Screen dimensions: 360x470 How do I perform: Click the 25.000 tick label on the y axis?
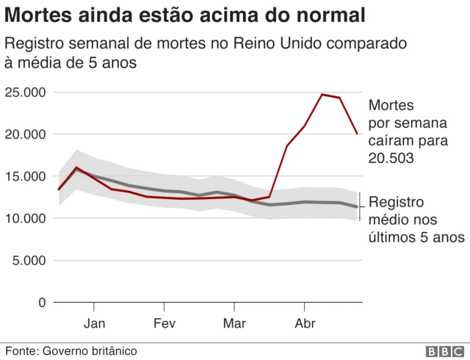26,93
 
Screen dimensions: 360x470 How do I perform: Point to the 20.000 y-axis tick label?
26,134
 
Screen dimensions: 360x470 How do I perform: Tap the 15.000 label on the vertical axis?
26,176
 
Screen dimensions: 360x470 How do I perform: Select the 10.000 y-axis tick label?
26,218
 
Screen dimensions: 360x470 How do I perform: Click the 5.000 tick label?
29,260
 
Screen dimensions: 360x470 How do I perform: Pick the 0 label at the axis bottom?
41,302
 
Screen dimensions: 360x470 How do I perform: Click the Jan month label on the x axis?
94,323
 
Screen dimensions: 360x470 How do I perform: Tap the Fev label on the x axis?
164,323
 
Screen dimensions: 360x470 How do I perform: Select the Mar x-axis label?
234,323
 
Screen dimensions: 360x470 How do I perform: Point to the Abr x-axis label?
304,323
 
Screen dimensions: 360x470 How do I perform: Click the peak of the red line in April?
322,94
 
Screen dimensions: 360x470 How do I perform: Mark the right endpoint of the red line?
357,134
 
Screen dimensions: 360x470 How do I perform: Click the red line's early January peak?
76,168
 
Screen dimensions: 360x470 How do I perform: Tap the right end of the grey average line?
357,207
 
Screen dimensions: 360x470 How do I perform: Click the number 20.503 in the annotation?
390,158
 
